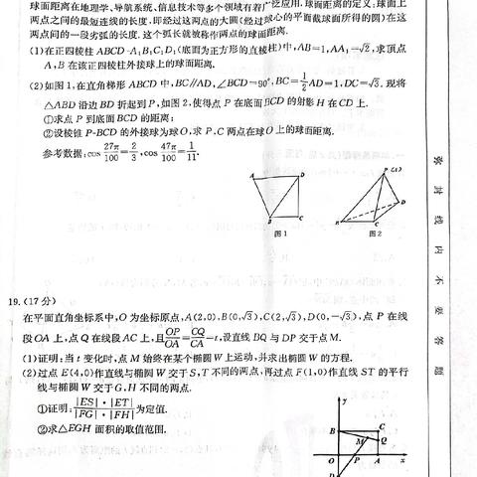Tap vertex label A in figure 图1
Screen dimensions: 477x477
(255, 175)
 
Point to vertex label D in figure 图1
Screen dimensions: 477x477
(304, 174)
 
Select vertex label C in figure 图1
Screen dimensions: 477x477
(302, 221)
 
